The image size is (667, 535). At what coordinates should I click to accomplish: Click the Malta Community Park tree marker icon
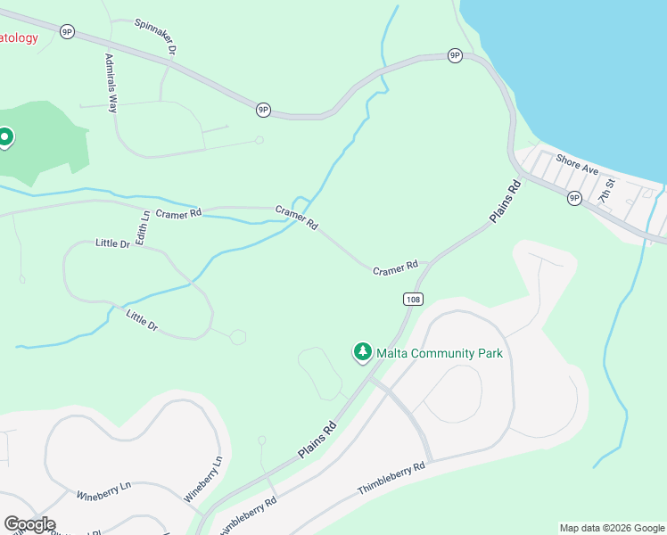(362, 353)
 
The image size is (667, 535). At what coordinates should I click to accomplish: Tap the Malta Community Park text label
(440, 354)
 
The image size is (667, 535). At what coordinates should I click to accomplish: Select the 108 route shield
(412, 300)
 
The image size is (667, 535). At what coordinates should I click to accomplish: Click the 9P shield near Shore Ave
(574, 198)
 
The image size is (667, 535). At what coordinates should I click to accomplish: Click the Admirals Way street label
(111, 82)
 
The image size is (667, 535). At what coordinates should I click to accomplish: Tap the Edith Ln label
(142, 228)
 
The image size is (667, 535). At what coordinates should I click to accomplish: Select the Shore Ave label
(577, 163)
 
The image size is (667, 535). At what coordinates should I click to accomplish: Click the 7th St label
(607, 190)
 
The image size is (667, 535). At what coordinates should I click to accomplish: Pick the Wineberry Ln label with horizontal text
(103, 490)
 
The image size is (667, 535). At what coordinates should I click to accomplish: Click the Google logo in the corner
(29, 524)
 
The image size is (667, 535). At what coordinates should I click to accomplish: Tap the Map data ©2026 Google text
(612, 528)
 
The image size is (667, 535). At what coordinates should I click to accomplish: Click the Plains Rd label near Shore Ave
(505, 203)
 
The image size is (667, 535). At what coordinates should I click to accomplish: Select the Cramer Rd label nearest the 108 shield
(395, 267)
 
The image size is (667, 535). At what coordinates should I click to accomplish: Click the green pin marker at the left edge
(4, 137)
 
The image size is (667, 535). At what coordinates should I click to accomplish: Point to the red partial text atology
(19, 37)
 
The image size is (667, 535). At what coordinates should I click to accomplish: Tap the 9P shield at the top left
(67, 31)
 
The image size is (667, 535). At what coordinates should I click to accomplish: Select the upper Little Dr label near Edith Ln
(112, 243)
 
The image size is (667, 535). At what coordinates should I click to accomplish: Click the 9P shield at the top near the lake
(455, 55)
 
